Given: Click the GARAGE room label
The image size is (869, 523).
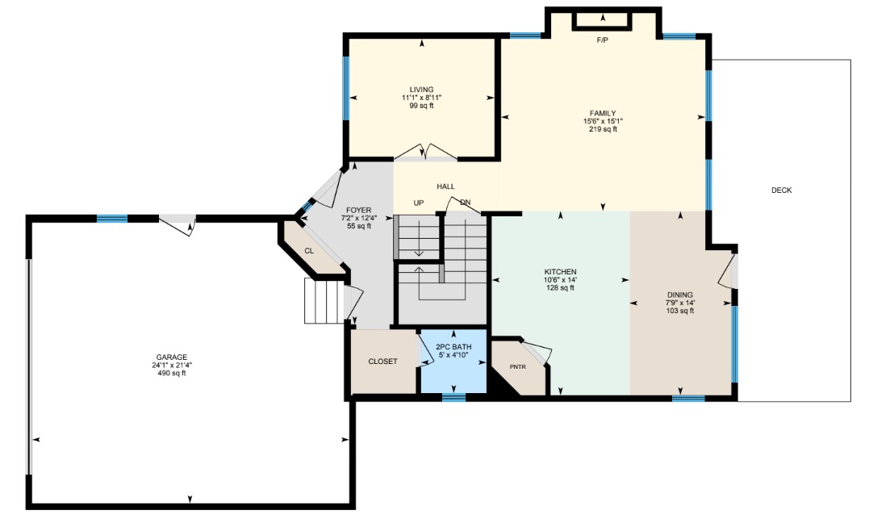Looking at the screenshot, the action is point(172,358).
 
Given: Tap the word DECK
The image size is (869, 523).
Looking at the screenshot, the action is point(781,190).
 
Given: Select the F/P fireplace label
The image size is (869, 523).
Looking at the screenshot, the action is point(603,40).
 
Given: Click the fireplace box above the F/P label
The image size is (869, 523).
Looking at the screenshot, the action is point(603,20).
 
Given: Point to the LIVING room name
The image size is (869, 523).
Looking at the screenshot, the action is point(422,90).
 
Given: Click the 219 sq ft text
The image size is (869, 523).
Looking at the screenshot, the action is point(603,129).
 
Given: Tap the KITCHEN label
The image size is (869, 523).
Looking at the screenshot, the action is point(560,272).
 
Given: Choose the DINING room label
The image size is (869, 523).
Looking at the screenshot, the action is point(680,295).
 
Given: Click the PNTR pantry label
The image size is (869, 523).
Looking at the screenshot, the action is point(518,366).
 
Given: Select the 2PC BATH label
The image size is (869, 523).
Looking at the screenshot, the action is point(454,347).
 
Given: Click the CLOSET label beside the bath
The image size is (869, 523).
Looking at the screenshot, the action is point(383,362).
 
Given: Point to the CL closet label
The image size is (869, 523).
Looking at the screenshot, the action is point(309,251).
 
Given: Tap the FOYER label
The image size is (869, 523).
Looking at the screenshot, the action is point(358,210).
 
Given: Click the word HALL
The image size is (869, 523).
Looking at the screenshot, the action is point(445,187).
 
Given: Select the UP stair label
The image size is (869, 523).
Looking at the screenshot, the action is point(419,203).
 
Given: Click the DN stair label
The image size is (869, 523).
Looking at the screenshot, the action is point(465,203).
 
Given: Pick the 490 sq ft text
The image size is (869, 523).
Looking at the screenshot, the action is point(172,373).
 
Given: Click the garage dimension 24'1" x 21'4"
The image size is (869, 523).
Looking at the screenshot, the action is point(172,366).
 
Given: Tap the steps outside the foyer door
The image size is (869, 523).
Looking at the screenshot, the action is point(324,300).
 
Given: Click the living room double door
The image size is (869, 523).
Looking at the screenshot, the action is point(426,152).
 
